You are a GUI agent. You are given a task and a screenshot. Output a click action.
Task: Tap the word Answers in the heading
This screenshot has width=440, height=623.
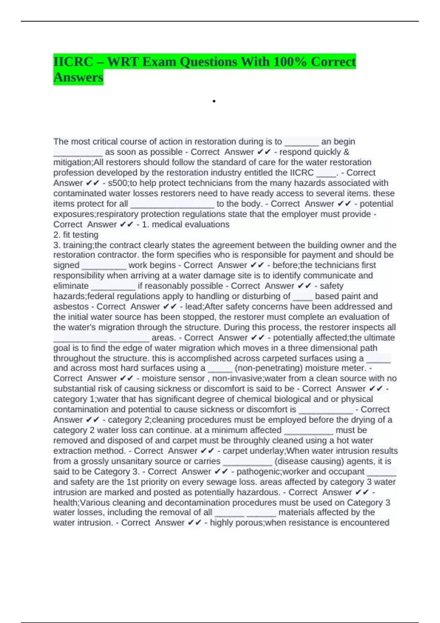[78, 77]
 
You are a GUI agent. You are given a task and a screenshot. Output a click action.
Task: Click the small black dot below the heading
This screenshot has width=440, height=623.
[213, 101]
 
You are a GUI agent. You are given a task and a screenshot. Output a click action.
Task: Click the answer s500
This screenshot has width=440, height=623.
[117, 183]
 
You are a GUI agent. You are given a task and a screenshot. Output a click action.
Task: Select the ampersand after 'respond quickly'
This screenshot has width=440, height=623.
[346, 152]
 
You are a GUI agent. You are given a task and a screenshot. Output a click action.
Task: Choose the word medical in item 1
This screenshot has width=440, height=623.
[166, 224]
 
